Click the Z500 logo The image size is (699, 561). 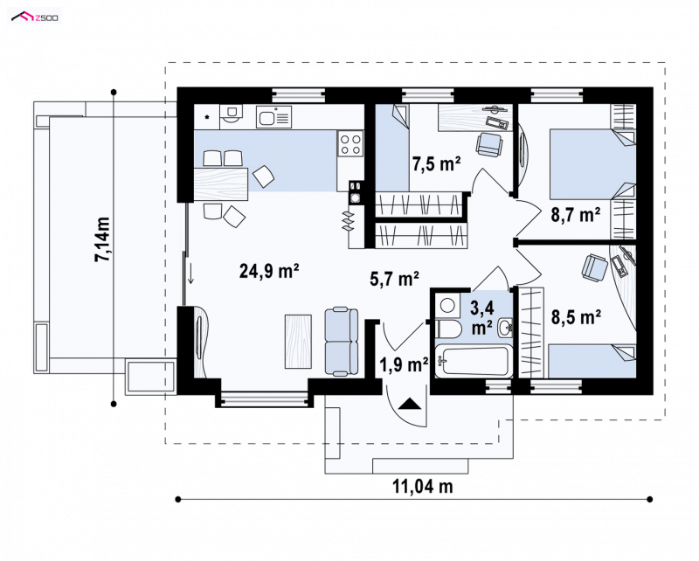[x=35, y=17]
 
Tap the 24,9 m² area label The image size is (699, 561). [x=269, y=271]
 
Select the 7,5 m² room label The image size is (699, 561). [x=436, y=164]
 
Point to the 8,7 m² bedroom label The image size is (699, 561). [x=576, y=215]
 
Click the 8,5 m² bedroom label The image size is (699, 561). [x=576, y=317]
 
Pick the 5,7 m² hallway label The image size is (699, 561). [x=395, y=279]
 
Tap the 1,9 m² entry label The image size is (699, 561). [x=404, y=364]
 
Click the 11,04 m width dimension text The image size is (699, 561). [x=423, y=486]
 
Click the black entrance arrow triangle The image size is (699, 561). [x=410, y=404]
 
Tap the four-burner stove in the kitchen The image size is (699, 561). [x=350, y=144]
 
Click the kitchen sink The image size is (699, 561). [x=273, y=117]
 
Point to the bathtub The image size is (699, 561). [x=474, y=361]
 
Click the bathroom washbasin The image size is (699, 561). [x=506, y=328]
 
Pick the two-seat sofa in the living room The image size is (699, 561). [x=342, y=341]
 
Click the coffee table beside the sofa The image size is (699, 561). [x=298, y=342]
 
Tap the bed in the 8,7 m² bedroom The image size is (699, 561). [x=592, y=163]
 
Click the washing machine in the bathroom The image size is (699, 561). [x=447, y=306]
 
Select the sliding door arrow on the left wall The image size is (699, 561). [x=190, y=273]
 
